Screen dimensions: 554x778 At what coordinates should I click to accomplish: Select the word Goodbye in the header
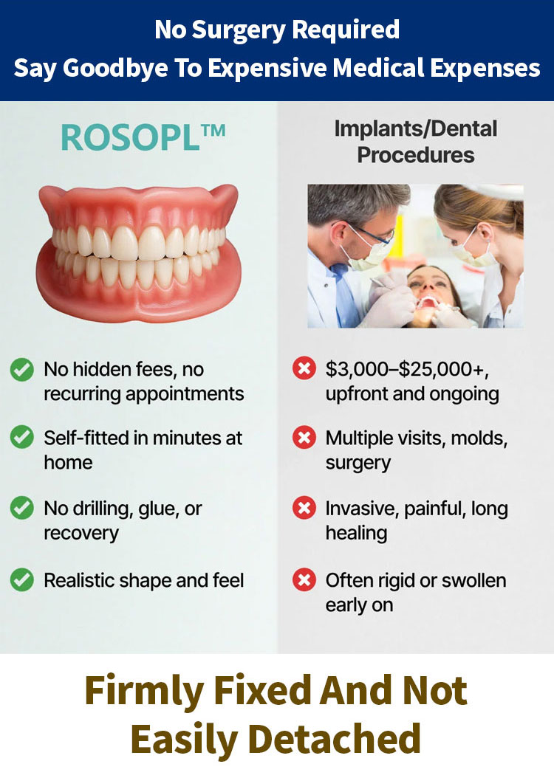point(115,68)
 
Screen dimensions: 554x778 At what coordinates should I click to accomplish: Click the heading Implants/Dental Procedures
point(415,142)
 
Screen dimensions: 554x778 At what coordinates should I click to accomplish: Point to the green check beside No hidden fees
point(22,370)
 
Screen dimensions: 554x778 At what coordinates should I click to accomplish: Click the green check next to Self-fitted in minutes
point(22,437)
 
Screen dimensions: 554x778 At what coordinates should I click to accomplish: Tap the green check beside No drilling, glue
point(22,508)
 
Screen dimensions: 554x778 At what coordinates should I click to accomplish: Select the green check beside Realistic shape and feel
point(22,579)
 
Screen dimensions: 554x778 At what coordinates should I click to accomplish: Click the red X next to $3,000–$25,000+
point(304,368)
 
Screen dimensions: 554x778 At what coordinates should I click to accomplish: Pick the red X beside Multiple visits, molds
point(304,437)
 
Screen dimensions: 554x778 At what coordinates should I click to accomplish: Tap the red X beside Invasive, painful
point(304,508)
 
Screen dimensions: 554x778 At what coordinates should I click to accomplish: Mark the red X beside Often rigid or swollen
point(304,579)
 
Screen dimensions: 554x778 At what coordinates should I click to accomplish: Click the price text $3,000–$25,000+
point(407,370)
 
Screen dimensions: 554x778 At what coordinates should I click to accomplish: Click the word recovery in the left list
point(81,534)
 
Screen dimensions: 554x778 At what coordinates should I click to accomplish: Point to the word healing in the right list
point(357,534)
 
